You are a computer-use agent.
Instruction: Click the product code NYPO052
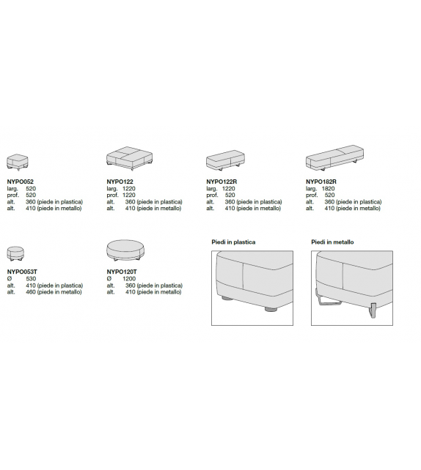click(x=20, y=182)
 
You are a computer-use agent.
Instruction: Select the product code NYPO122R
click(x=222, y=182)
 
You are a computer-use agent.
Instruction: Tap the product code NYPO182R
click(x=321, y=182)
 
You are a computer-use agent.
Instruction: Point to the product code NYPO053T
click(x=22, y=272)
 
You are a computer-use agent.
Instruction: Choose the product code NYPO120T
click(x=122, y=272)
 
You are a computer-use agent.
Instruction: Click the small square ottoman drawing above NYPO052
click(x=18, y=163)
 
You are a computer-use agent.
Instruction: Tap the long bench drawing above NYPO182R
click(x=334, y=157)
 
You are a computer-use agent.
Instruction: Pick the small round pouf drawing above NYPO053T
click(x=15, y=253)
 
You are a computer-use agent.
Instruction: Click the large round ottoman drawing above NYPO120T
click(x=127, y=251)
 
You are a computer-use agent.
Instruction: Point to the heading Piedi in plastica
click(x=233, y=242)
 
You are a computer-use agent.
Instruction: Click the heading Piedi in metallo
click(x=332, y=242)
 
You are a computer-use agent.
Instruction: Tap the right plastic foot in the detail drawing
click(x=271, y=309)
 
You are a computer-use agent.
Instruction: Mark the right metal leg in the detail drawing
click(x=373, y=310)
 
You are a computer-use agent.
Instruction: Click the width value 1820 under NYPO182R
click(x=328, y=189)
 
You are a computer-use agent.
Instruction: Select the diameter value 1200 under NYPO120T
click(x=129, y=278)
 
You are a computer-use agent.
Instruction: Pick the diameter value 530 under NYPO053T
click(x=31, y=278)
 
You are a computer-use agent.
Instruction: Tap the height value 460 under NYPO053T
click(x=31, y=291)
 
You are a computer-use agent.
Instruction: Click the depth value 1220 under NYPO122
click(x=129, y=195)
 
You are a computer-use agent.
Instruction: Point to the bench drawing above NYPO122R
click(x=225, y=161)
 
